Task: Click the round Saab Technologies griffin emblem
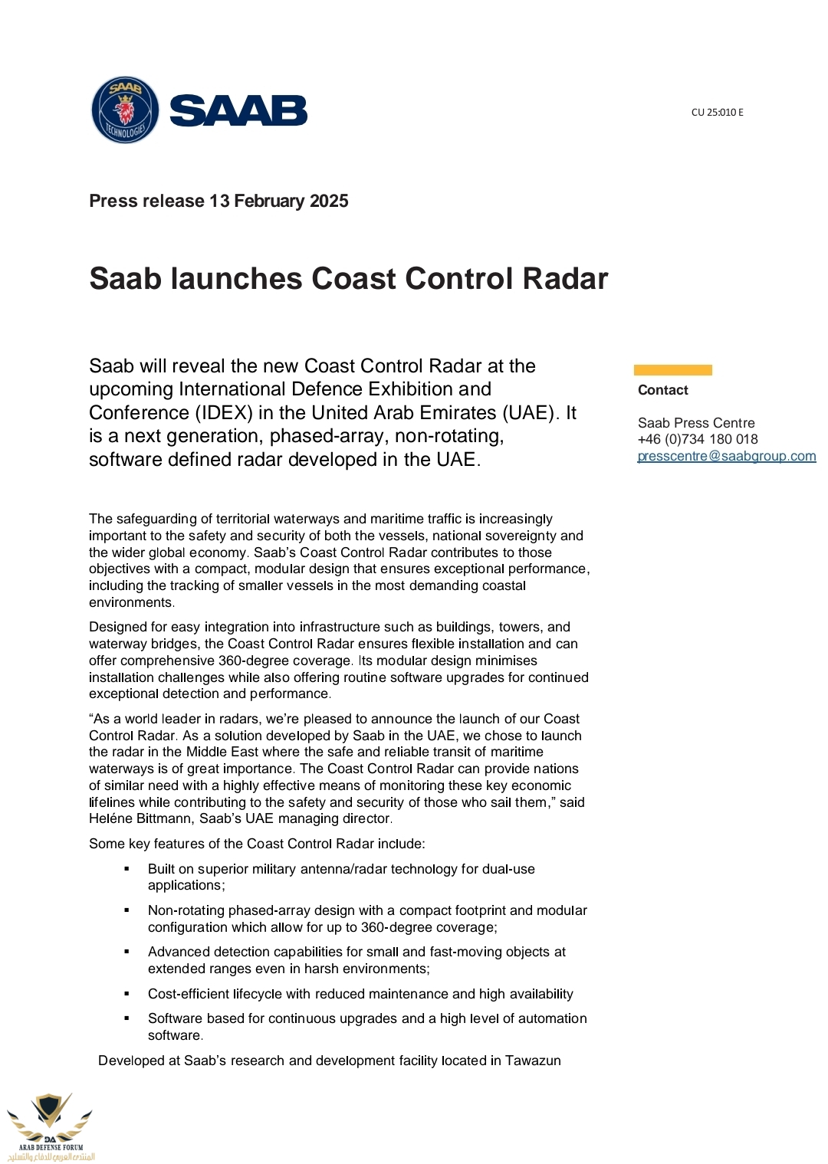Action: point(125,110)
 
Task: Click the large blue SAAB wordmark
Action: point(238,111)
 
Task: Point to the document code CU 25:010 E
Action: point(717,112)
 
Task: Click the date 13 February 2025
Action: point(279,201)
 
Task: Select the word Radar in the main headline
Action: point(565,278)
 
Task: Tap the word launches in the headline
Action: point(236,278)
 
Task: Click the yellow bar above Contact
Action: point(672,370)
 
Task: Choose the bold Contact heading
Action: point(662,390)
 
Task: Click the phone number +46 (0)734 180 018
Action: point(697,439)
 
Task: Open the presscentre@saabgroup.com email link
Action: point(726,456)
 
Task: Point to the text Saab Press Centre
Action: point(695,423)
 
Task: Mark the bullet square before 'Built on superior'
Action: point(127,869)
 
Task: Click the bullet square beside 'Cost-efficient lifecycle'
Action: point(127,994)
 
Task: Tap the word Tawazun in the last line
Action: point(533,1061)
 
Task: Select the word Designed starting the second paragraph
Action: point(115,627)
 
